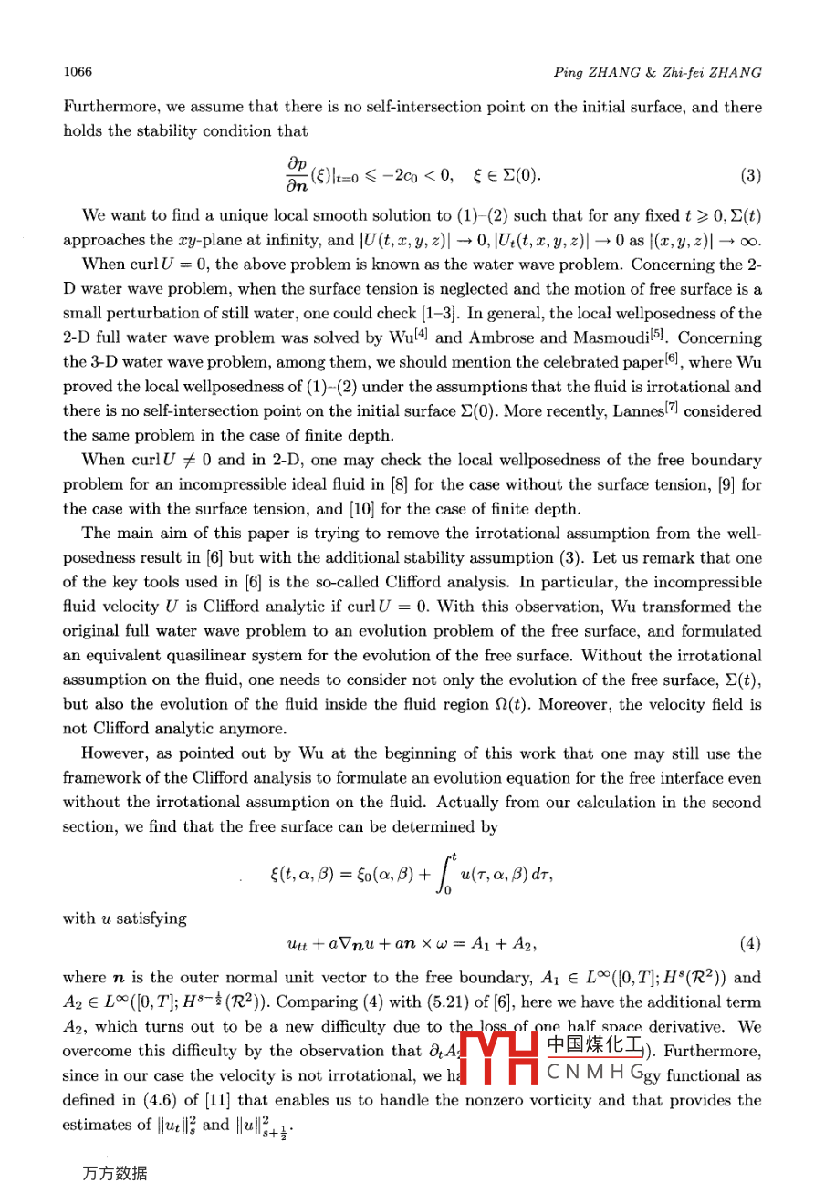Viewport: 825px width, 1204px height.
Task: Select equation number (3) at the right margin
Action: [751, 175]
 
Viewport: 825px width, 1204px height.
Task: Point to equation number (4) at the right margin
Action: [751, 943]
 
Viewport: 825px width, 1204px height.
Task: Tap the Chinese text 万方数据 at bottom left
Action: [114, 1173]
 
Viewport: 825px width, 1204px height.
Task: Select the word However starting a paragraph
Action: [114, 753]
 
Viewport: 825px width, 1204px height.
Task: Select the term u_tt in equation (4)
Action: [297, 944]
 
